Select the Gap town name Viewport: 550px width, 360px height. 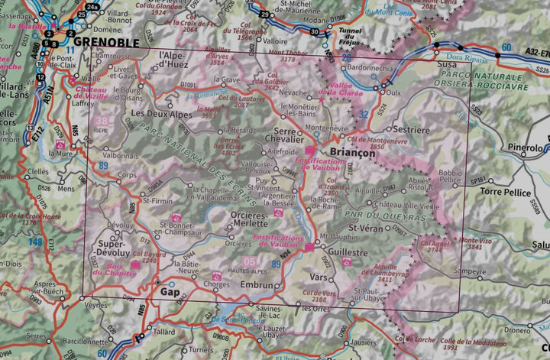click(x=169, y=292)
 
